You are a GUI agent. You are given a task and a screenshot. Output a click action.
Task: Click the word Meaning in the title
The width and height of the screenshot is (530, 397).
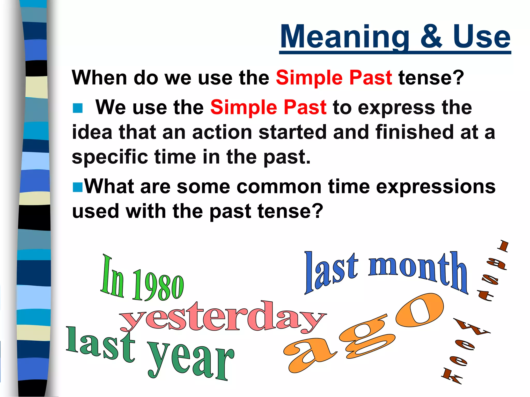tap(344, 37)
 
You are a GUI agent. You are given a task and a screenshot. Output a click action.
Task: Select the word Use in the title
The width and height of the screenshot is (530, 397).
tap(481, 37)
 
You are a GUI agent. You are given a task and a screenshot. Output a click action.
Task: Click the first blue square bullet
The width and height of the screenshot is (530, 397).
tap(77, 108)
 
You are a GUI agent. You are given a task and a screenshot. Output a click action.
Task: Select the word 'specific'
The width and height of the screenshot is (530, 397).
tap(110, 157)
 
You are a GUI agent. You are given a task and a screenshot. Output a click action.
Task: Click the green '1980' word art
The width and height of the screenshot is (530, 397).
tap(158, 286)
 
